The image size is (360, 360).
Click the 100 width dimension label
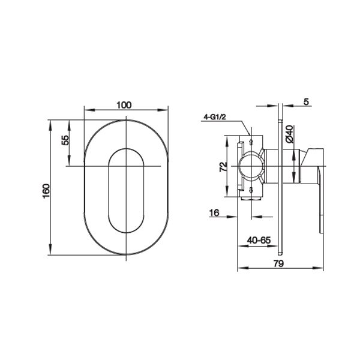click(x=124, y=105)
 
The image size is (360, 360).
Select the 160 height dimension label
click(x=46, y=191)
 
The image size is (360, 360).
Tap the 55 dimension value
click(x=65, y=140)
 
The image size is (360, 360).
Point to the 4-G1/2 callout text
click(x=215, y=117)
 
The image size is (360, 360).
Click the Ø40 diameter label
click(x=290, y=134)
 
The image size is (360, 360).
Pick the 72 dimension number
click(x=223, y=167)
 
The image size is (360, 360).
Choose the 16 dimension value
click(x=214, y=213)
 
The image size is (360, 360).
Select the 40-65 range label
click(x=259, y=240)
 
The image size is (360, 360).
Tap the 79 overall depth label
click(x=279, y=263)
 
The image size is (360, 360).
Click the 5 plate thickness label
click(x=306, y=101)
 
